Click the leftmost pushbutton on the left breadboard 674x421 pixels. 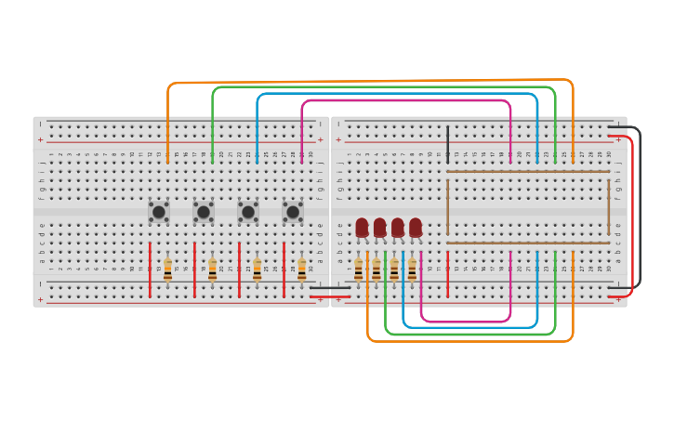(x=159, y=212)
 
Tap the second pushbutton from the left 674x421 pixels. (x=204, y=212)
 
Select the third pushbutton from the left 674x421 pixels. (x=248, y=212)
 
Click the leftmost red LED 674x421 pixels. (x=362, y=227)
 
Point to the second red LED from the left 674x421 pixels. (x=379, y=227)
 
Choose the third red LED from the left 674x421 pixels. (x=398, y=227)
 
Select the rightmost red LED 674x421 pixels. (x=416, y=227)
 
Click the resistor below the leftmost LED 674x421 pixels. (x=359, y=270)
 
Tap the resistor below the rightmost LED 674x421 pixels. (x=412, y=270)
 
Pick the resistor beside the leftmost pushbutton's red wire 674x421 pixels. (x=167, y=270)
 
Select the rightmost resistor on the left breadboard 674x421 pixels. (x=301, y=270)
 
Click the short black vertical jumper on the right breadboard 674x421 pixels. (x=447, y=144)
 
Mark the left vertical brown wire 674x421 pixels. (x=447, y=206)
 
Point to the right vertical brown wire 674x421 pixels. (x=609, y=206)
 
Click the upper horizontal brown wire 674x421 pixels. (x=528, y=172)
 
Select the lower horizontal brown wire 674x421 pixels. (x=528, y=243)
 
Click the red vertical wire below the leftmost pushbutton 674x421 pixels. (x=150, y=270)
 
